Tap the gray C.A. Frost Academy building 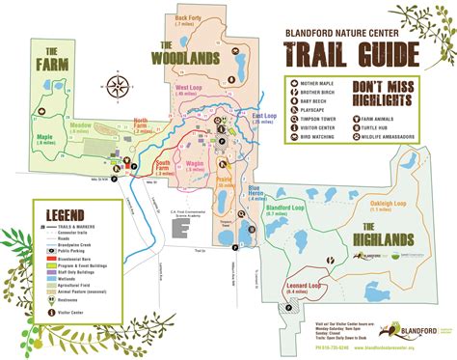(179, 227)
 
